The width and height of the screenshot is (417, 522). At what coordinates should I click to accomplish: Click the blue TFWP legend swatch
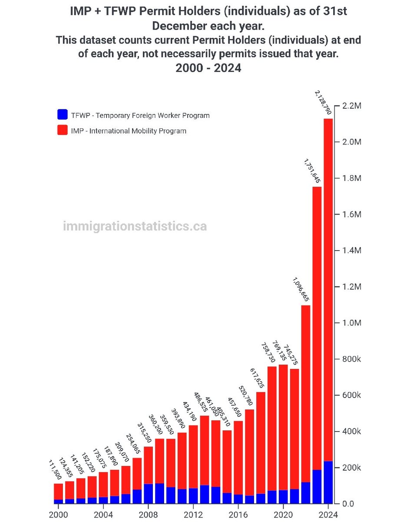63,115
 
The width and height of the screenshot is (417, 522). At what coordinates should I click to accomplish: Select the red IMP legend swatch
63,130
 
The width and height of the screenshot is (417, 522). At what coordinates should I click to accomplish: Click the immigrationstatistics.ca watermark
135,226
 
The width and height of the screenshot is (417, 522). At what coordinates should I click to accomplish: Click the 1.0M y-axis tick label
352,323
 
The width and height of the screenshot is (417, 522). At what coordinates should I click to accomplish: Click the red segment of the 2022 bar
305,391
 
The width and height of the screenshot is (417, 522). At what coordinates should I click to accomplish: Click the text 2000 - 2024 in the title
208,68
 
